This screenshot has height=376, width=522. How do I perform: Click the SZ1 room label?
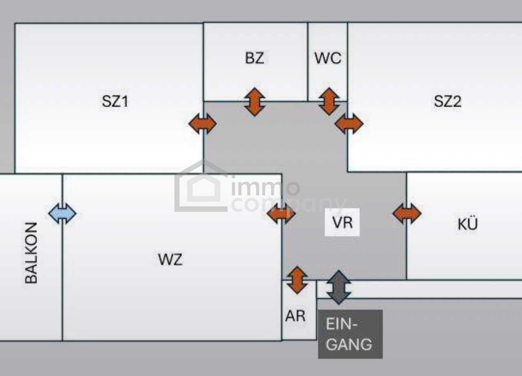115,101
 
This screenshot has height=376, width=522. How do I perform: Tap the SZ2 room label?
447,101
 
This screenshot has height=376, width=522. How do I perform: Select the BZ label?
254,58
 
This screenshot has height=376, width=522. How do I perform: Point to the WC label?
327,58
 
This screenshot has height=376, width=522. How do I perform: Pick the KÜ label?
467,224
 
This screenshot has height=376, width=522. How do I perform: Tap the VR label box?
342,222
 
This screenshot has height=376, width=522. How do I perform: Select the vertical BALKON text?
31,253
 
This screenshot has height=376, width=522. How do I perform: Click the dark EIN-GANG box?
350,334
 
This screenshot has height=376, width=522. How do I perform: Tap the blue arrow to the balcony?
62,213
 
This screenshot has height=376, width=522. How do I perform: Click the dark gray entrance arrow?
338,287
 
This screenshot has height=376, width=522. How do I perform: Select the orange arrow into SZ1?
202,124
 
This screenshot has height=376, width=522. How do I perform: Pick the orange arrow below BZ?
254,102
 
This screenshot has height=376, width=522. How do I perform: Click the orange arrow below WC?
329,101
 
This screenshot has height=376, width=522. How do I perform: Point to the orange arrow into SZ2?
349,123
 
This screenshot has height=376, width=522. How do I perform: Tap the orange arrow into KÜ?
407,213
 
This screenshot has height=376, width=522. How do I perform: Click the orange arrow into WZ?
281,213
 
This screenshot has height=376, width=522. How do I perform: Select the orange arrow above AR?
297,280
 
